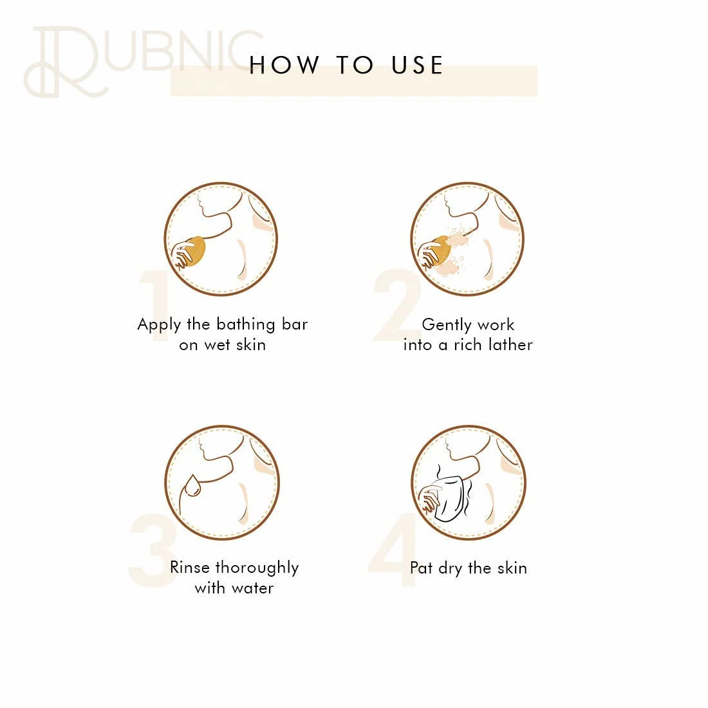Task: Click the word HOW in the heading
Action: (x=284, y=65)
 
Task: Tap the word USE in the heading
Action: (x=417, y=65)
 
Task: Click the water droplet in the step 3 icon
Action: (x=193, y=486)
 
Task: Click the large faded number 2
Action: (x=396, y=305)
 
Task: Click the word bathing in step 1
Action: (x=246, y=325)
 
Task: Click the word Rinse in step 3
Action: (x=190, y=567)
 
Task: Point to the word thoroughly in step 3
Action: (x=257, y=568)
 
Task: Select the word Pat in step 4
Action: (x=421, y=568)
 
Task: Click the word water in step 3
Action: (x=252, y=588)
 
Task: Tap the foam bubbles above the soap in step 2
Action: (x=458, y=236)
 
